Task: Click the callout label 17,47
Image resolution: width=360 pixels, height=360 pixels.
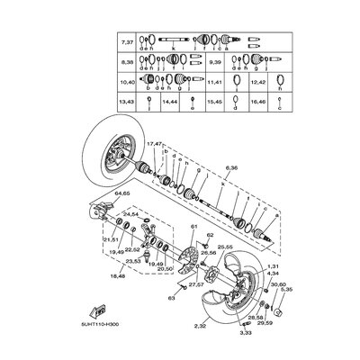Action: [x=156, y=144]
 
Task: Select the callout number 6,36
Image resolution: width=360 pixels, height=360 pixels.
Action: [x=233, y=168]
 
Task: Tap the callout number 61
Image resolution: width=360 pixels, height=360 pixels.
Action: [x=193, y=228]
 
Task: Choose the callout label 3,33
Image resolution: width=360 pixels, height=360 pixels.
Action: [x=246, y=333]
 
